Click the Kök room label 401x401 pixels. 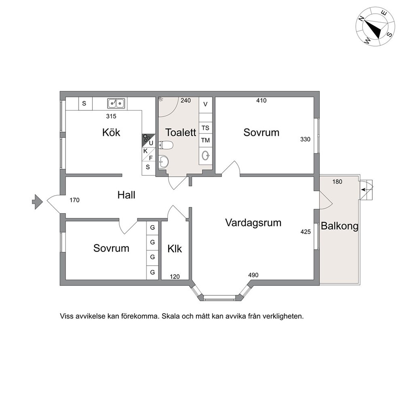tap(111, 133)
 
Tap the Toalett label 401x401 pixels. tap(181, 133)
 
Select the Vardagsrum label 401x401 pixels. tap(253, 223)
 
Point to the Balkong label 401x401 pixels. tap(340, 226)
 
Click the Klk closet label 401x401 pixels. tap(175, 249)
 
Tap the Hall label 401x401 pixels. tap(127, 195)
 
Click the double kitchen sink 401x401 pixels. tap(116, 103)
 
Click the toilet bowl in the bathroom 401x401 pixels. tap(166, 145)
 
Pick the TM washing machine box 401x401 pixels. tap(205, 140)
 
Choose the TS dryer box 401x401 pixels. tap(205, 128)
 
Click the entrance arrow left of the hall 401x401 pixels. tap(37, 202)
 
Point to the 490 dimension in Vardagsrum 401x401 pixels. tap(253, 275)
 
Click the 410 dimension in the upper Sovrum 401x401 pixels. tap(262, 101)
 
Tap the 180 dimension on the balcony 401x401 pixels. tap(337, 182)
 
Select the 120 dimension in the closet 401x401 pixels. tap(175, 277)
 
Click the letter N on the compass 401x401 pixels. tap(361, 19)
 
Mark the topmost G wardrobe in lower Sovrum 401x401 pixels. tap(152, 228)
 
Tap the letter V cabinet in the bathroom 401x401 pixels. tap(205, 104)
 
